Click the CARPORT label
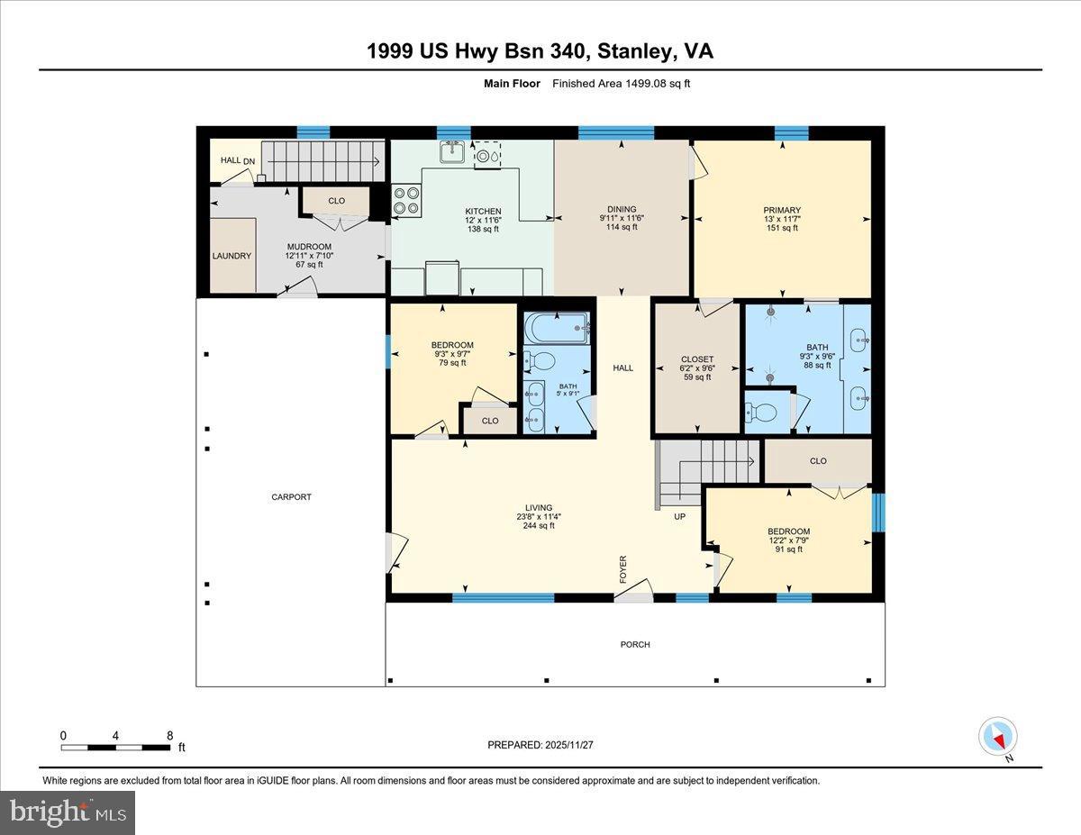[x=292, y=497]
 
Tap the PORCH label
[x=635, y=644]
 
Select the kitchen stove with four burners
[x=407, y=200]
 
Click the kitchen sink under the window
[x=452, y=153]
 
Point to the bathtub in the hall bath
[x=557, y=326]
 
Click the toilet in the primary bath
[x=764, y=413]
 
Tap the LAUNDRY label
[x=232, y=256]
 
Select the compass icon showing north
[x=997, y=737]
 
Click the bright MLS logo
[x=68, y=812]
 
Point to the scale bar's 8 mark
[x=169, y=736]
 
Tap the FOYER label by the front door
[x=622, y=568]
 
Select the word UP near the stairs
[x=680, y=517]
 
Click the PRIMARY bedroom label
[x=781, y=211]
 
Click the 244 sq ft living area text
[x=539, y=526]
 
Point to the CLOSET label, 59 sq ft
[x=696, y=359]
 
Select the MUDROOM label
[x=309, y=247]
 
